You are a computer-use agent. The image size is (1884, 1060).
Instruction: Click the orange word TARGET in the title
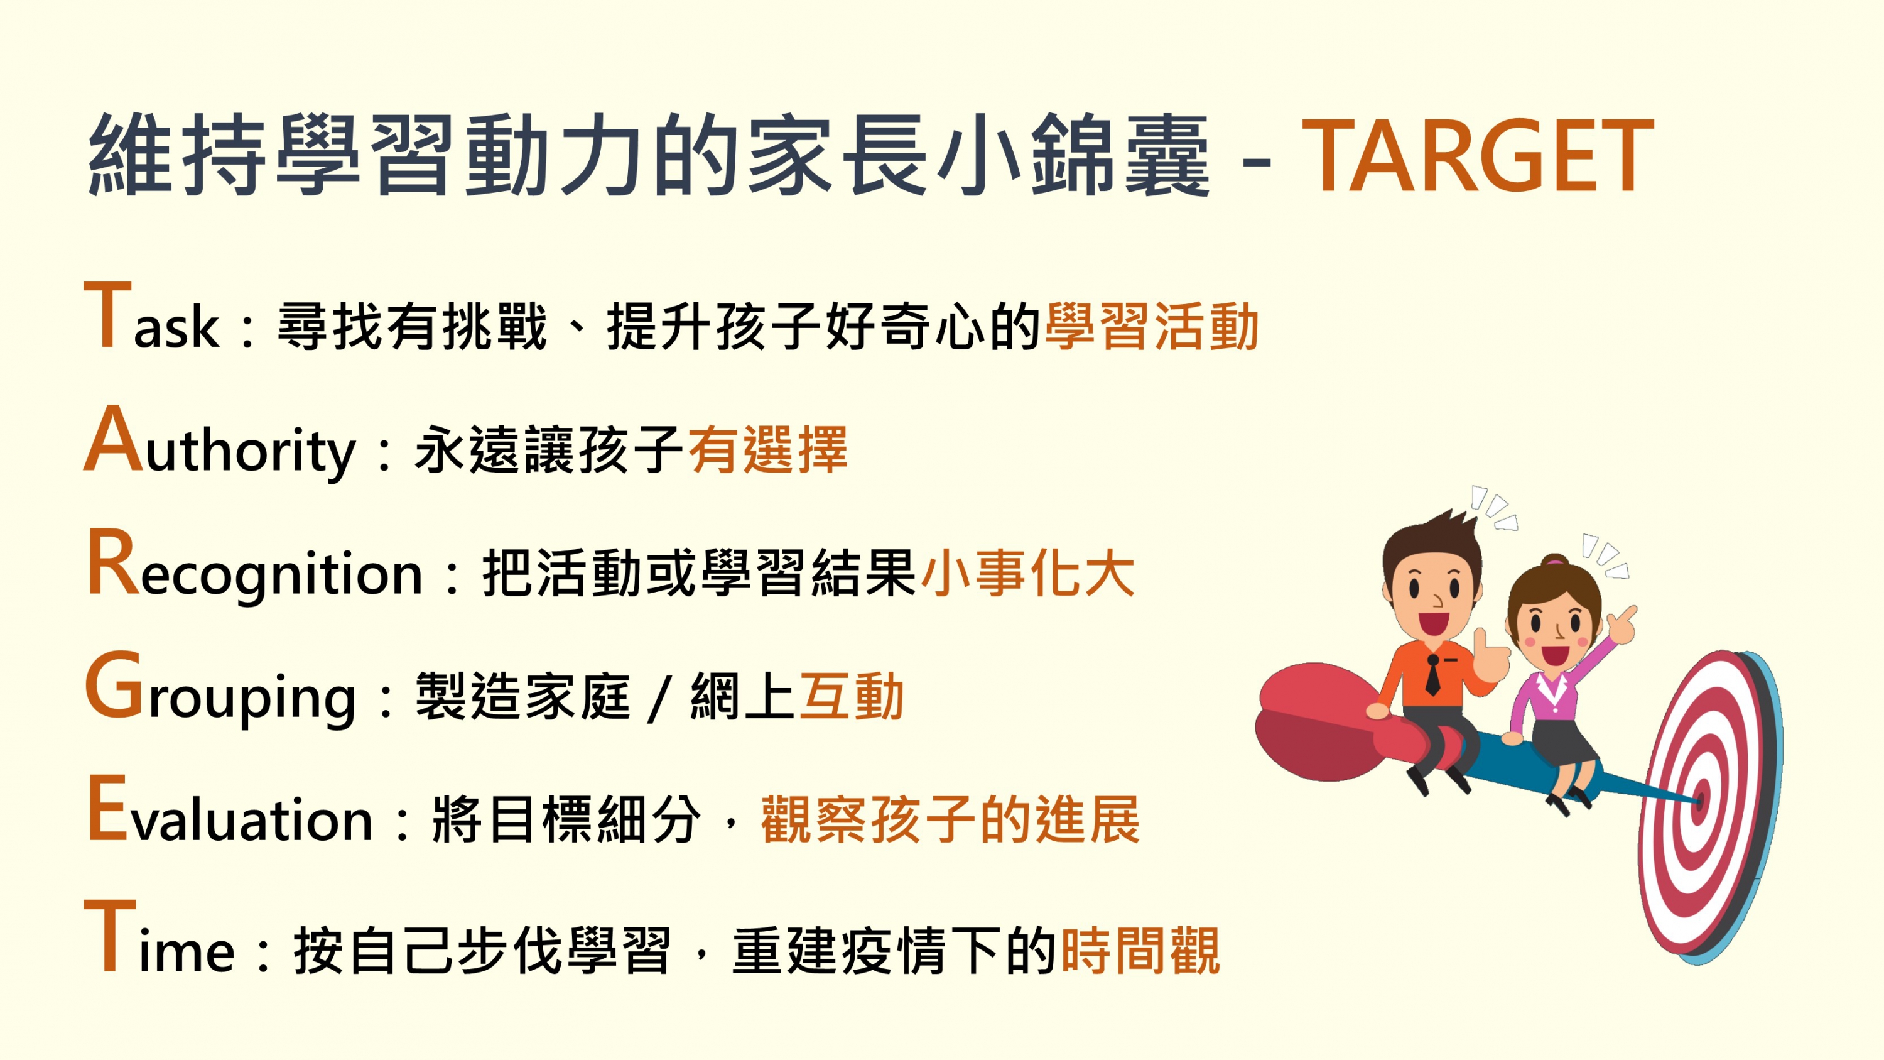click(x=1477, y=156)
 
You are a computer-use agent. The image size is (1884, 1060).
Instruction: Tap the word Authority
click(x=219, y=442)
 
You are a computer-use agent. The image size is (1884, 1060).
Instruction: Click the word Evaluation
click(x=230, y=811)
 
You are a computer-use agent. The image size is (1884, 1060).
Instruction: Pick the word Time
click(x=160, y=937)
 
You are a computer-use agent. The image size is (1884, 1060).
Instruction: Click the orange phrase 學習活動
click(x=1152, y=325)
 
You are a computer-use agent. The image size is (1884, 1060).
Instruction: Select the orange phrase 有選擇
click(x=768, y=449)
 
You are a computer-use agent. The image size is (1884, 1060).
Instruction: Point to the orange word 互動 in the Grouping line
click(x=852, y=696)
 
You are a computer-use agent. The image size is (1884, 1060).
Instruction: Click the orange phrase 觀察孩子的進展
click(x=950, y=819)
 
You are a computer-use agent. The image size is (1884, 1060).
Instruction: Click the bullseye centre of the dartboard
click(x=1701, y=801)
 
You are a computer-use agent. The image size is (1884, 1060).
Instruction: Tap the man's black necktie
click(x=1432, y=674)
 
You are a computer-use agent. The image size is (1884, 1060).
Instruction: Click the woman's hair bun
click(x=1555, y=560)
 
